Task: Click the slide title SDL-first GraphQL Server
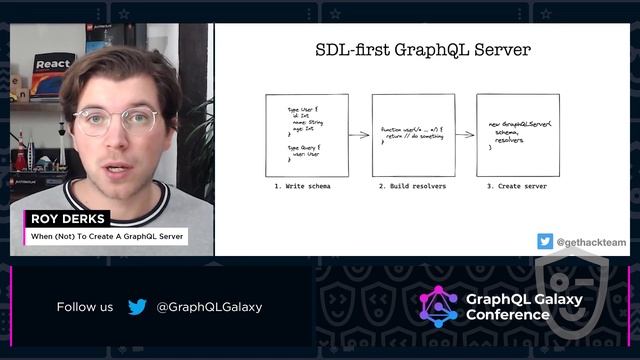pyautogui.click(x=423, y=49)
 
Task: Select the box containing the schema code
pyautogui.click(x=307, y=135)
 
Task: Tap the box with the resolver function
pyautogui.click(x=413, y=135)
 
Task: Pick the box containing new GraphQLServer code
pyautogui.click(x=517, y=135)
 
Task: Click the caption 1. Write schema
pyautogui.click(x=302, y=186)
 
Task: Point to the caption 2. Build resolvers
pyautogui.click(x=412, y=186)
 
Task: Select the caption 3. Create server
pyautogui.click(x=517, y=186)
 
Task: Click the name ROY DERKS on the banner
pyautogui.click(x=65, y=219)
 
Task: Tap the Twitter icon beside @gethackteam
pyautogui.click(x=545, y=241)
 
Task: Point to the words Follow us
pyautogui.click(x=85, y=307)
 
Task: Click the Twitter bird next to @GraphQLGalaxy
pyautogui.click(x=137, y=307)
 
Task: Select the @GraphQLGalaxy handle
pyautogui.click(x=209, y=307)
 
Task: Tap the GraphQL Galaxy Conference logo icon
pyautogui.click(x=438, y=306)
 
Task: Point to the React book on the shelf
pyautogui.click(x=52, y=76)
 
